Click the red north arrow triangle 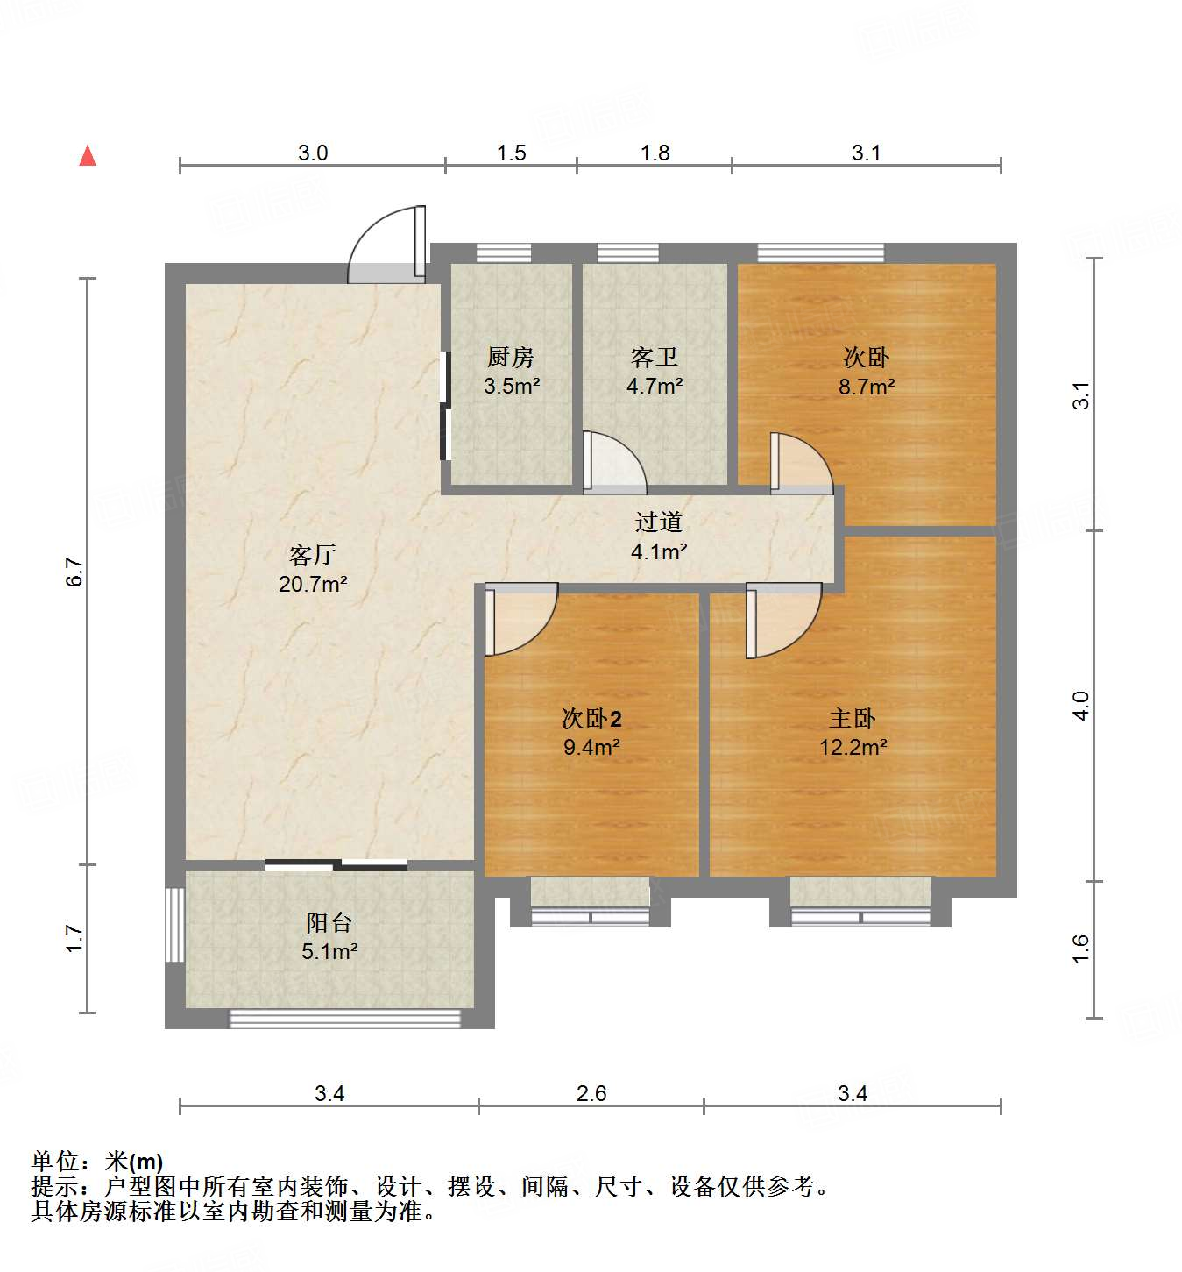pos(88,156)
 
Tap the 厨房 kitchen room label pos(511,357)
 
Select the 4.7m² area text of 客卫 pos(655,386)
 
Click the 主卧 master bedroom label pos(853,719)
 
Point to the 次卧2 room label pos(591,719)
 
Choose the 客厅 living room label pos(313,555)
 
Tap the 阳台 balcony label pos(329,922)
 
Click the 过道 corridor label pos(658,522)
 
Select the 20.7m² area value pos(313,583)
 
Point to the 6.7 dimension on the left pos(75,572)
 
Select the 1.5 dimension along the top pos(511,153)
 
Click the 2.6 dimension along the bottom pos(591,1093)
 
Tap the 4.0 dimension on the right pos(1081,706)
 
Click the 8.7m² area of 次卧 pos(867,387)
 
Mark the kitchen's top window pos(504,252)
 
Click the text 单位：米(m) pos(97,1162)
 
